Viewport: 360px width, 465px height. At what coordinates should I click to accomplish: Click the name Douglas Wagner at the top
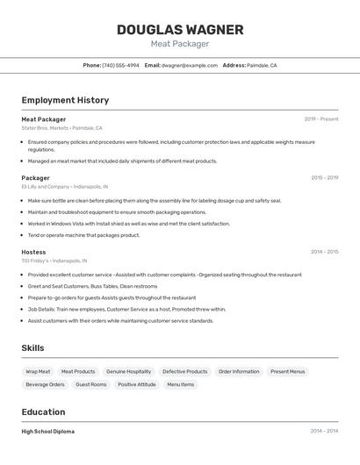coord(180,30)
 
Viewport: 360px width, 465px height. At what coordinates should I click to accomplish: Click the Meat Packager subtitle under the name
coord(180,44)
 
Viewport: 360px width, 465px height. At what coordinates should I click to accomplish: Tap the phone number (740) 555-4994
coord(120,65)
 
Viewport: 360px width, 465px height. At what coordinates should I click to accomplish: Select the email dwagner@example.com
coord(189,65)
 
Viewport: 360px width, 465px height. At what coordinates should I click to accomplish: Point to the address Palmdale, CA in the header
coord(262,65)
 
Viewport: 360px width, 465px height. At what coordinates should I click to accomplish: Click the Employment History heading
coord(65,100)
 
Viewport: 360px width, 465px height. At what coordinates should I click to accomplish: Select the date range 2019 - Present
coord(321,119)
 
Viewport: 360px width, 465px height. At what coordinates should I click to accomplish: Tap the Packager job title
coord(35,178)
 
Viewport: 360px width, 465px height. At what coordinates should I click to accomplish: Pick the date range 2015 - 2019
coord(324,178)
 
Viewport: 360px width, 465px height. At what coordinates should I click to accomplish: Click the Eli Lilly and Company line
coord(65,187)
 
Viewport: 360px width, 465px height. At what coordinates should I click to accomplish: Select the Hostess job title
coord(33,252)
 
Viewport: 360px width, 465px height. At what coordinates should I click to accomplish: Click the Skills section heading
coord(32,348)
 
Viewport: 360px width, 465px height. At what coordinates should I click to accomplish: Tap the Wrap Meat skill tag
coord(38,371)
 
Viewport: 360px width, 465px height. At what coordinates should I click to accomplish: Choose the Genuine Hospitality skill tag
coord(128,371)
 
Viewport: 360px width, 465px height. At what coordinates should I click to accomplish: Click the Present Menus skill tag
coord(288,371)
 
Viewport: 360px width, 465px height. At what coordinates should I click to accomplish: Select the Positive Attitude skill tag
coord(137,384)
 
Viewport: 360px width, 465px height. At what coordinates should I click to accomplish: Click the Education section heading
coord(43,412)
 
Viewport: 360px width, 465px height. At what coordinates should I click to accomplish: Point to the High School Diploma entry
coord(47,432)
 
